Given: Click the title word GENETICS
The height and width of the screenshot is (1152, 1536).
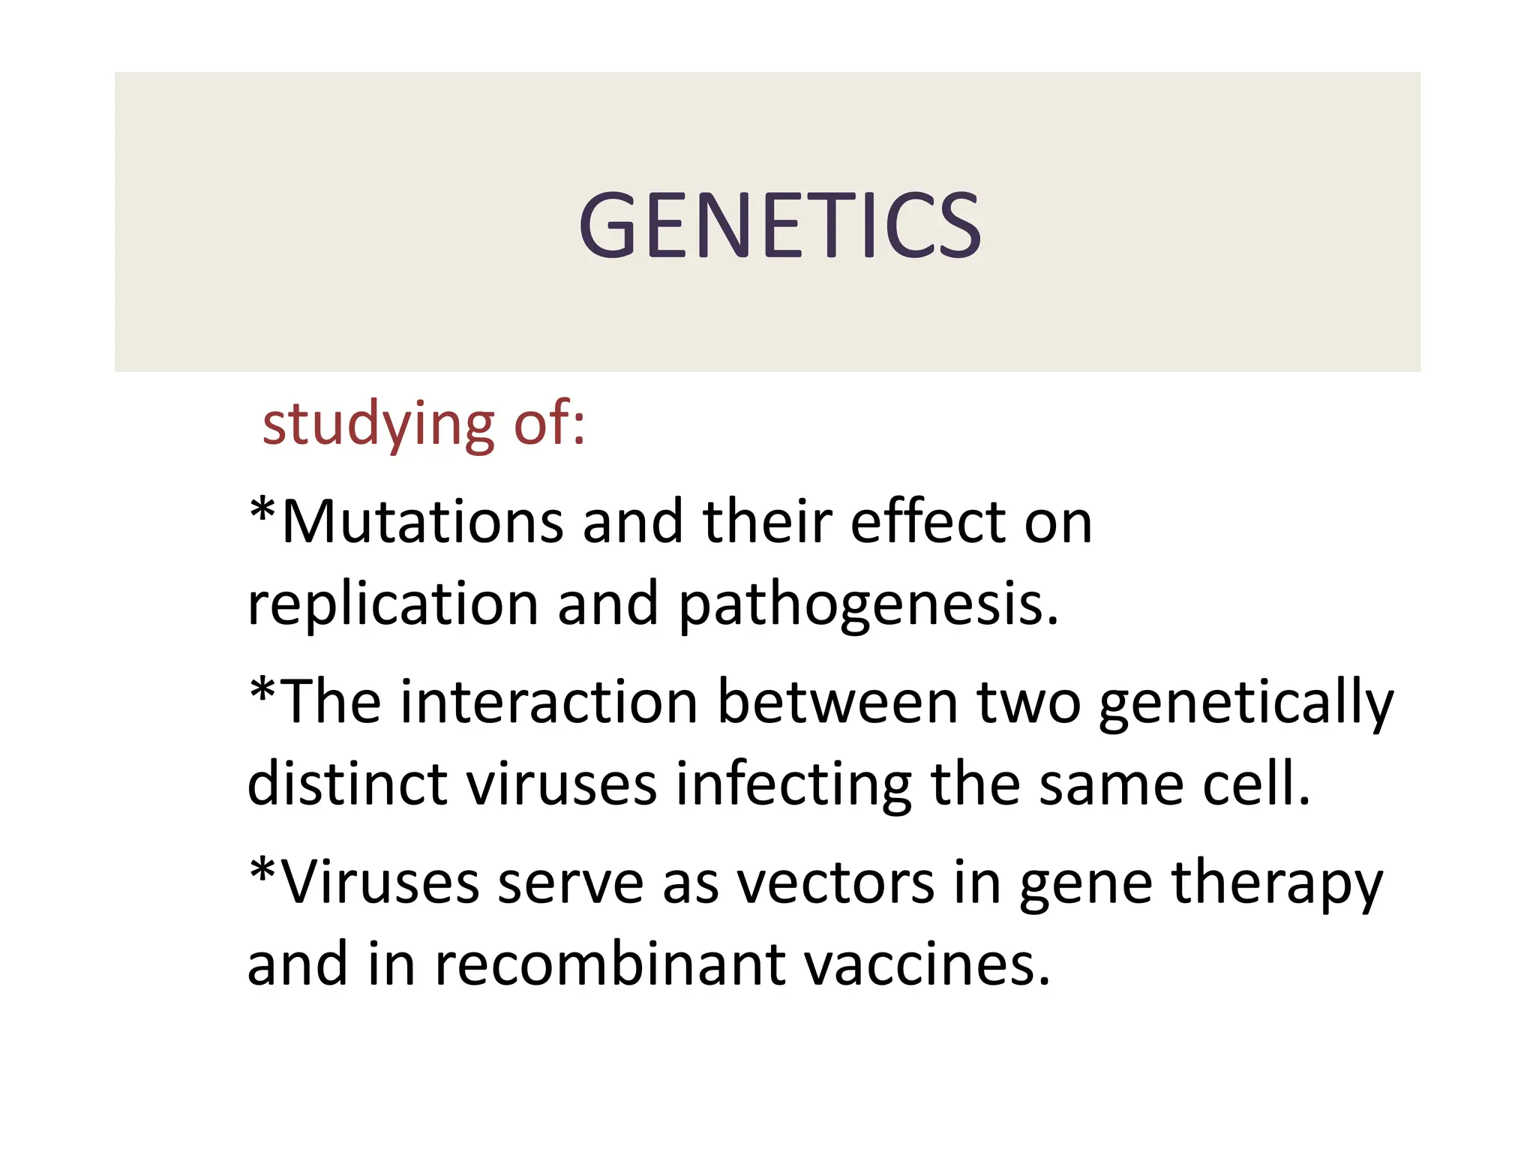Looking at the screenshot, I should coord(779,225).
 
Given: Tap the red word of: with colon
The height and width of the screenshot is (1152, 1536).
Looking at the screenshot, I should coord(548,424).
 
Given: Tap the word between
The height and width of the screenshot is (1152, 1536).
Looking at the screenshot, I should coord(838,702).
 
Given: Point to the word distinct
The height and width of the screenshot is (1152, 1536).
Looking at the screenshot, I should coord(347,784).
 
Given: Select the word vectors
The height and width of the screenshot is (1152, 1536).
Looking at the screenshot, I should coord(835,883).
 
